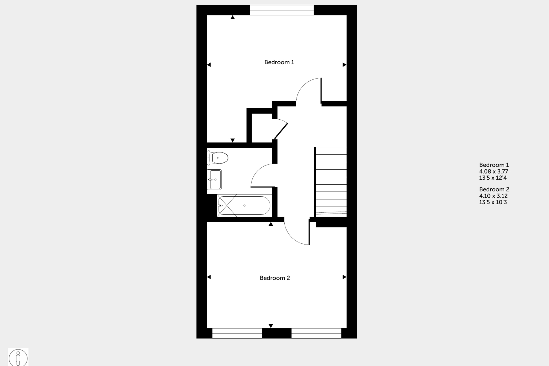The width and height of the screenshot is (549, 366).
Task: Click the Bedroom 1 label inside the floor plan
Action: [279, 62]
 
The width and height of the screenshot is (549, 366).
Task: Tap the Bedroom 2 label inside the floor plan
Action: [275, 278]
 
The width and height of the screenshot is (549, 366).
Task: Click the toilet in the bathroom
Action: [219, 158]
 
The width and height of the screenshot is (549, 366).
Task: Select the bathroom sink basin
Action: [215, 180]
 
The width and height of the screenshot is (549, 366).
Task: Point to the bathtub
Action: [244, 206]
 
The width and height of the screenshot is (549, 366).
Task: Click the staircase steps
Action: [331, 181]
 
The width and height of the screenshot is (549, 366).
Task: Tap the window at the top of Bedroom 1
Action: [282, 10]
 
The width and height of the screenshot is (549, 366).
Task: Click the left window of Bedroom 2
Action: [237, 333]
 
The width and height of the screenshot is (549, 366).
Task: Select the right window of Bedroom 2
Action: [316, 333]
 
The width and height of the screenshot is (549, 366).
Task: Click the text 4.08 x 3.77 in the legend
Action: [494, 171]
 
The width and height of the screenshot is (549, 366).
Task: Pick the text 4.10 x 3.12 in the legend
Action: [493, 196]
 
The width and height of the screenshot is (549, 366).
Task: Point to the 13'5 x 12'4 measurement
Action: [493, 178]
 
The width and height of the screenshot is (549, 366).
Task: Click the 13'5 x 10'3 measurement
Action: [493, 202]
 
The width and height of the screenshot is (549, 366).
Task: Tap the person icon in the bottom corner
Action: [18, 358]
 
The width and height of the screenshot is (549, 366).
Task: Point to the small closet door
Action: [281, 131]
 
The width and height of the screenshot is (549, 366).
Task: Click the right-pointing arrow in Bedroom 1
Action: [344, 65]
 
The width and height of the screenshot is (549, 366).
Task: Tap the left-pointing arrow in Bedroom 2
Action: [209, 277]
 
